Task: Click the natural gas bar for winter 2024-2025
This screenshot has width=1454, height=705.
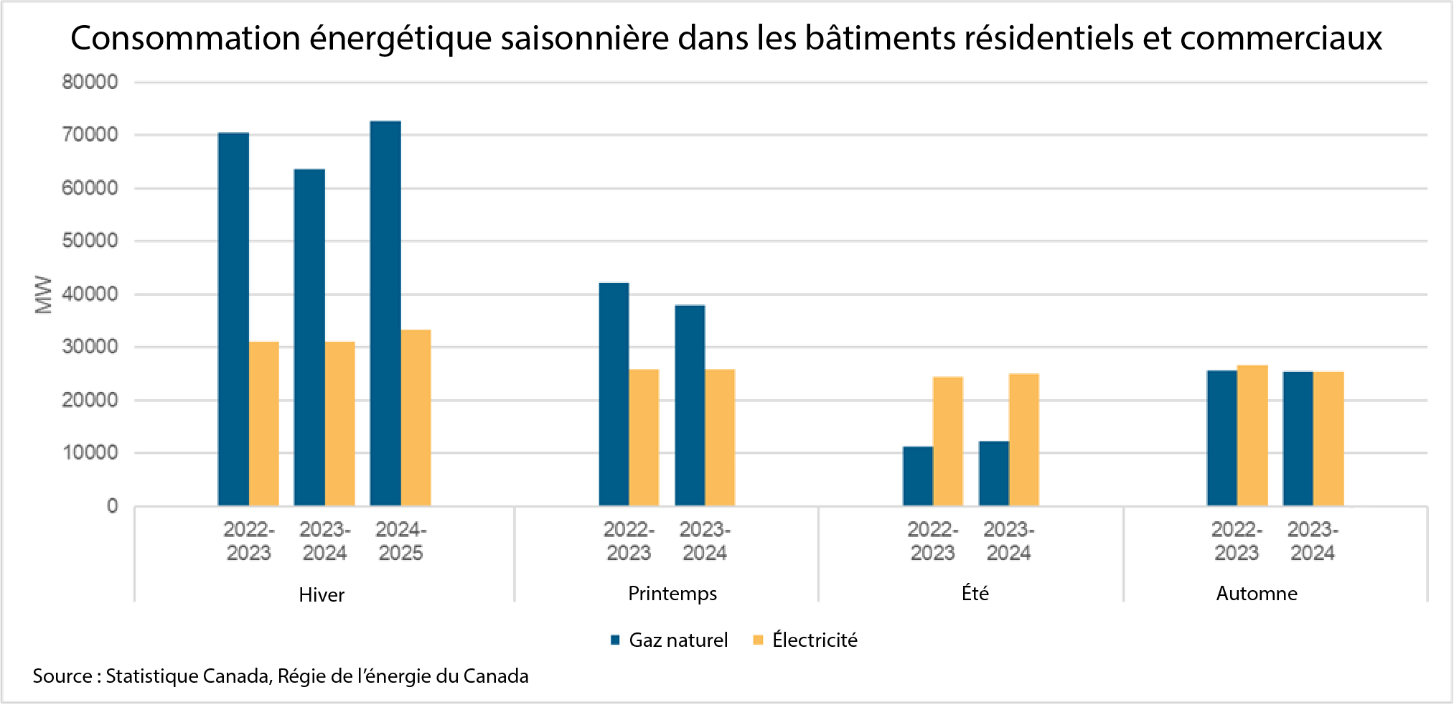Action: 385,314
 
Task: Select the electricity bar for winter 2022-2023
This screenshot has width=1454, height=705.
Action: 264,424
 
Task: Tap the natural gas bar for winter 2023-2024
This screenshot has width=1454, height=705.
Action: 309,337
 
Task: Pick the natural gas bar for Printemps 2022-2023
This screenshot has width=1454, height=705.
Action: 614,394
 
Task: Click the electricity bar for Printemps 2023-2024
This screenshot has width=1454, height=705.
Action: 720,437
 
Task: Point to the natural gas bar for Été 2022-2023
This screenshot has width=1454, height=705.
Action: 918,476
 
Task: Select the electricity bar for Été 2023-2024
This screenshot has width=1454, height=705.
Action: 1023,439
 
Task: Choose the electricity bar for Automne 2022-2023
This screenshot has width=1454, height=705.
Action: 1252,435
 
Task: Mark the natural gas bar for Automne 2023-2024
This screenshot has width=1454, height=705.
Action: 1298,439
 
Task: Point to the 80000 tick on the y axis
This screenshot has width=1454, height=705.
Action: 90,82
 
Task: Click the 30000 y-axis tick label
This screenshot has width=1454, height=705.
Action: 90,347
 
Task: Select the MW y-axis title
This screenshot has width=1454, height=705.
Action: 44,294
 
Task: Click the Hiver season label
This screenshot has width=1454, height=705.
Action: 322,594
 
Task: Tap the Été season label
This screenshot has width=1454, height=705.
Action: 975,593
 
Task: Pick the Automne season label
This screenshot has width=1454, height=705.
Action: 1257,593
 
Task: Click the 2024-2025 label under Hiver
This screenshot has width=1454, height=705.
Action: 400,541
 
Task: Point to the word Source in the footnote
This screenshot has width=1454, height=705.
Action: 62,676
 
